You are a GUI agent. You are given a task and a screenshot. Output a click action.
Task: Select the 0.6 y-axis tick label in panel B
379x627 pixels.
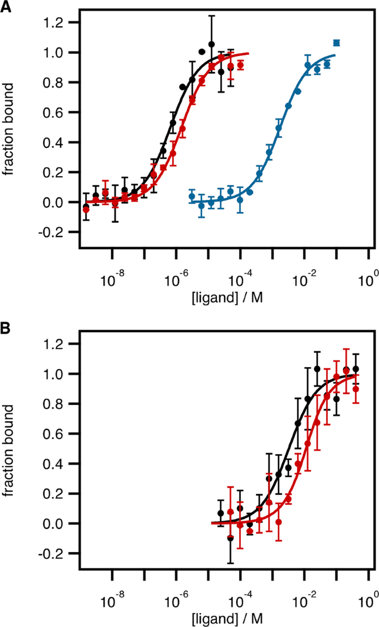[x=61, y=434]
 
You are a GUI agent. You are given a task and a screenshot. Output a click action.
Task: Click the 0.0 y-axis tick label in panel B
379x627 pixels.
[x=61, y=523]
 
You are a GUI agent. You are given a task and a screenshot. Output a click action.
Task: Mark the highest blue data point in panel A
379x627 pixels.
[x=336, y=43]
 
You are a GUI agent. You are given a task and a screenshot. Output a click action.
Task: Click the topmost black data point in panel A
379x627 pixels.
[x=211, y=44]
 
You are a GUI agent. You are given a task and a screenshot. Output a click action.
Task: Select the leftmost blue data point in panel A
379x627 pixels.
[x=192, y=197]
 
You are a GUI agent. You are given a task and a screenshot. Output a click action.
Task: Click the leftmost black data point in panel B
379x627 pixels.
[x=221, y=513]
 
